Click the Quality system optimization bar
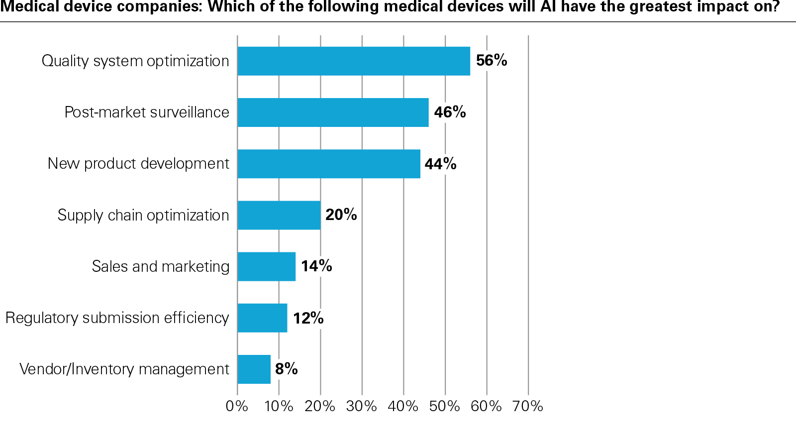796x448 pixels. tap(353, 61)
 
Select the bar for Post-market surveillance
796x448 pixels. tap(333, 112)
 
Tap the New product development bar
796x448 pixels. tap(328, 164)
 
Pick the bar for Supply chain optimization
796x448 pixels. tap(279, 215)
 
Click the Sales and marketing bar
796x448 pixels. tap(266, 266)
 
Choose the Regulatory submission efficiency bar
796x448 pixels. tap(262, 318)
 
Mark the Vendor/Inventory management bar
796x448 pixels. tap(254, 369)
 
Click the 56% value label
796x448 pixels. tap(492, 61)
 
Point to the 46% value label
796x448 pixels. tap(450, 112)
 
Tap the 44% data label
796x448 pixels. tap(440, 164)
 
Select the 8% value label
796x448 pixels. tap(286, 369)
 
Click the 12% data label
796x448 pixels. tap(308, 318)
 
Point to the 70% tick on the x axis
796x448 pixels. tap(528, 406)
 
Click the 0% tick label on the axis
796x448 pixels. tap(237, 406)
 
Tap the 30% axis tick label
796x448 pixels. tap(362, 406)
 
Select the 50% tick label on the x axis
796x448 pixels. tap(445, 406)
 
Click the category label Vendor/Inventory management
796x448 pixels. tap(124, 369)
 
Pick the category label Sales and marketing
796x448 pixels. tap(160, 266)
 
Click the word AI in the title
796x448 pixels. tap(548, 7)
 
